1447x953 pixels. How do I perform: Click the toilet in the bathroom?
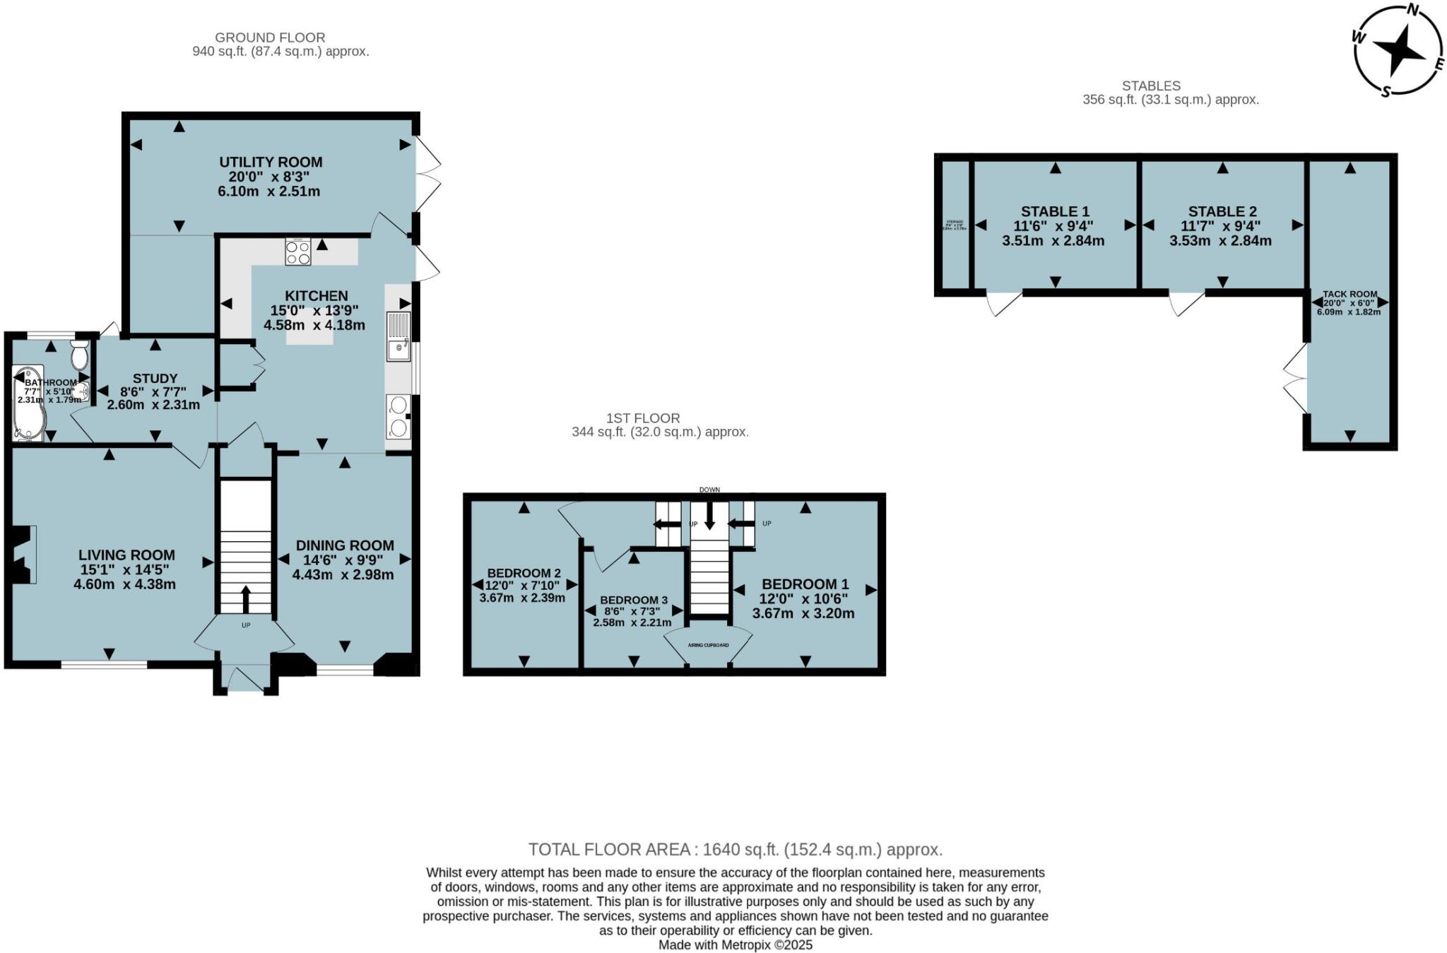(x=79, y=354)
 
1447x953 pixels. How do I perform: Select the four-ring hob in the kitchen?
(x=297, y=252)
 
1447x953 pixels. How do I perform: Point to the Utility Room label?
(x=271, y=162)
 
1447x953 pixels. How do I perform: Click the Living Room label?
(x=126, y=555)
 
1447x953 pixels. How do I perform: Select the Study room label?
(x=155, y=379)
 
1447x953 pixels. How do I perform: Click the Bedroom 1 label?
(x=805, y=584)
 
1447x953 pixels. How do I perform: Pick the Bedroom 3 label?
(x=633, y=600)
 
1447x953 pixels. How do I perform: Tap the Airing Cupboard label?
(x=708, y=645)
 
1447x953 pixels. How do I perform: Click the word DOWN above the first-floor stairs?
(x=709, y=490)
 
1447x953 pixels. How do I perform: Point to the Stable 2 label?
(x=1222, y=211)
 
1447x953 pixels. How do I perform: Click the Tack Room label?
(x=1349, y=294)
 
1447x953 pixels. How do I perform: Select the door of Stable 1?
(x=1003, y=302)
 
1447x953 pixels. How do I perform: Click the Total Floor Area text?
(x=735, y=849)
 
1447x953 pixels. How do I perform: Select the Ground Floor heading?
(x=270, y=37)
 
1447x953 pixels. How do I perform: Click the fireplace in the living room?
(x=23, y=555)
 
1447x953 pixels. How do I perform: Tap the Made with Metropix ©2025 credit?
(x=735, y=945)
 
